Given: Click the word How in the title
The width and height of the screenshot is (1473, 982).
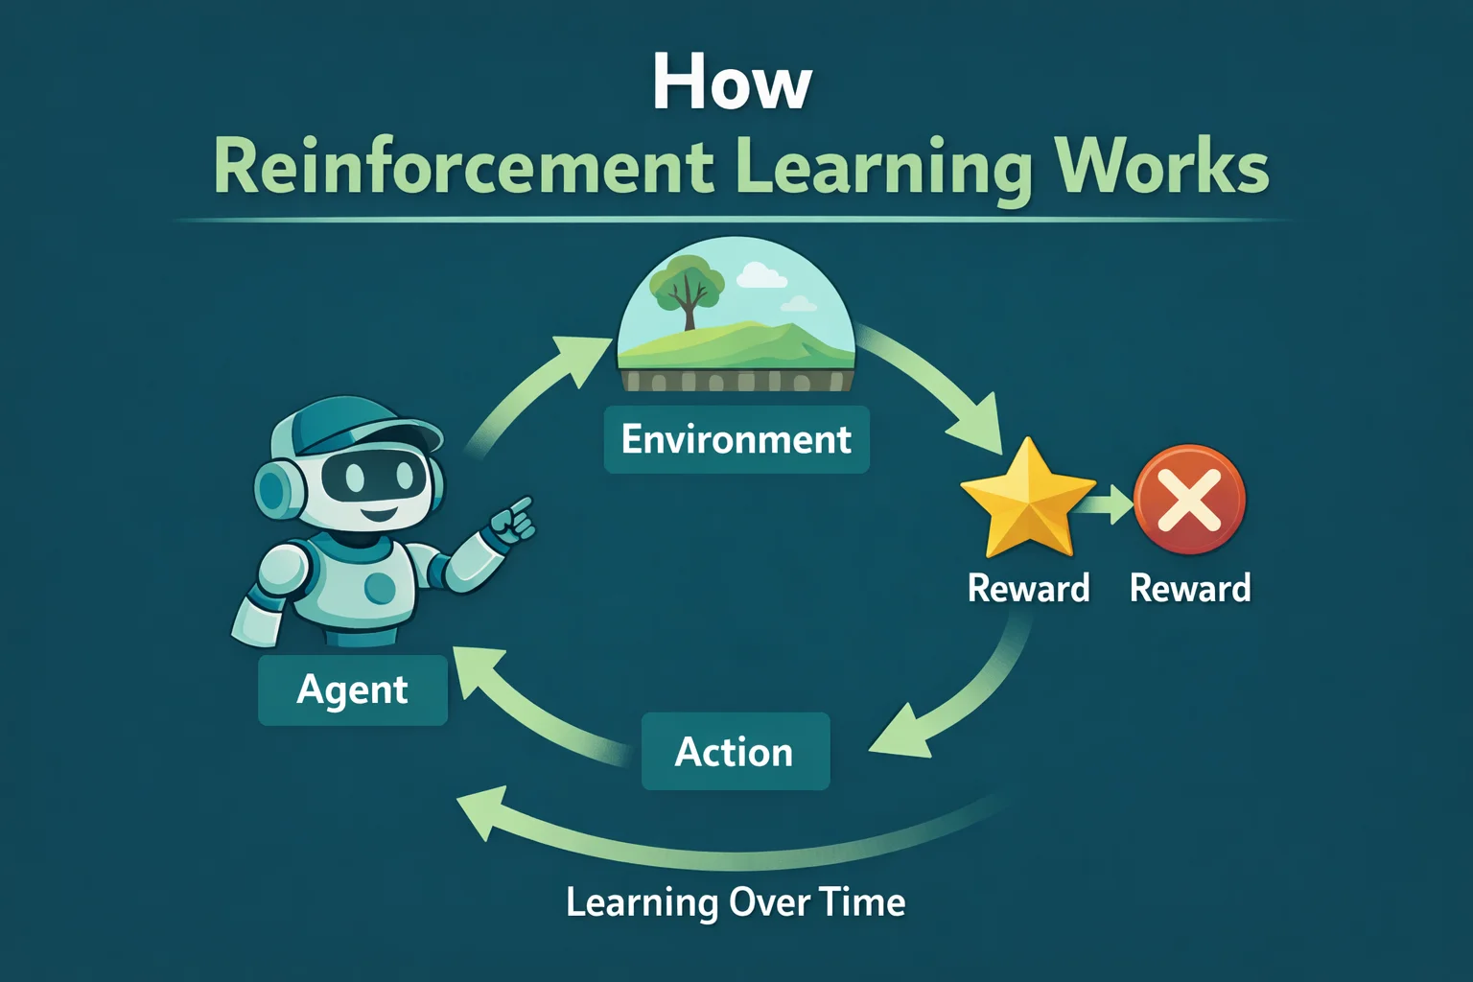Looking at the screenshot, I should pos(732,83).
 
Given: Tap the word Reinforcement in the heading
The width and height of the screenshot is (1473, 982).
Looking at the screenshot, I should pos(463,167).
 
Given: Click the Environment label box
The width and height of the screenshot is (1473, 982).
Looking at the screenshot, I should pos(736,439).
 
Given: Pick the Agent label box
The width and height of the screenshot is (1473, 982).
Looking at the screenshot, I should pos(352,690).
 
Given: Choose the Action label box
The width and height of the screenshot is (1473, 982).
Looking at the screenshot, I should pos(735,752).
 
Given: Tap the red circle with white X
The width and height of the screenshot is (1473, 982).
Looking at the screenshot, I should pos(1189,500).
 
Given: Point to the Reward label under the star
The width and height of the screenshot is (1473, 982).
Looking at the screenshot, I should pos(1028,588).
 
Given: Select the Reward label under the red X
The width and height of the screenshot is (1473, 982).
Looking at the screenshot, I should pos(1190,588).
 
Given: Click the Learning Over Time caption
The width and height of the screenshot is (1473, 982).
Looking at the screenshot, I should pos(736,902).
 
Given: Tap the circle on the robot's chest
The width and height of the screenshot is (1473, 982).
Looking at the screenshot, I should pos(380,587).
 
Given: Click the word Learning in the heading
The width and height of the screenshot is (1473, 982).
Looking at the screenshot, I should pos(883,169).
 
